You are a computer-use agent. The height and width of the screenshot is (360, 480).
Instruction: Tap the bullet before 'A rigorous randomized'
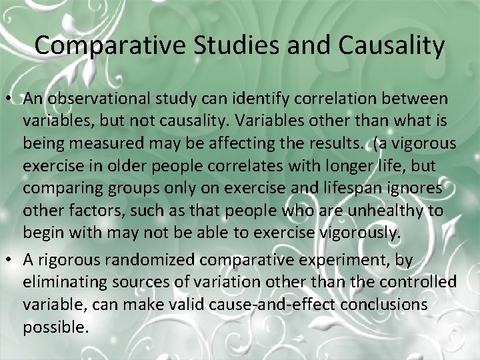[x=12, y=260]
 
